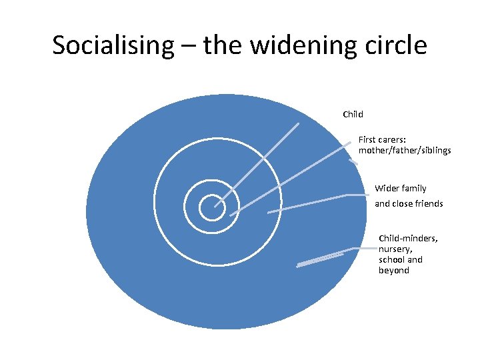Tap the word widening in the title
291,45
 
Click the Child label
353,114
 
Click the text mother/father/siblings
405,151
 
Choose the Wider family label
401,189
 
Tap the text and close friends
409,203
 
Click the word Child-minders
408,238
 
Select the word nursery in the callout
395,249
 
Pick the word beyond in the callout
394,270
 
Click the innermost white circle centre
211,207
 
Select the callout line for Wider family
307,203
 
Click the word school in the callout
391,259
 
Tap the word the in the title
225,45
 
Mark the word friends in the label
428,203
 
